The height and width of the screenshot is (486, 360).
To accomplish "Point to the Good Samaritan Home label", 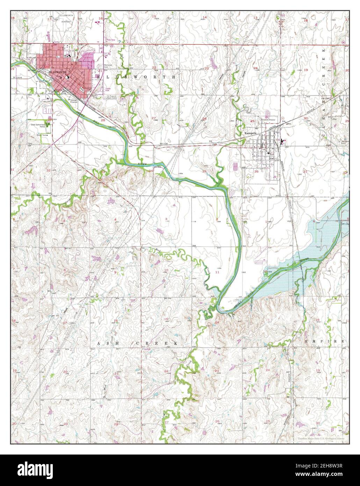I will (38, 126).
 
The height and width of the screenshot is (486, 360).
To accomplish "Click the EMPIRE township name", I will (325, 341).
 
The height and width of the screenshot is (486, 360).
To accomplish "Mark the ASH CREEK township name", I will (137, 344).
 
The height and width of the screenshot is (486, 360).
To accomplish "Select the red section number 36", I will (257, 171).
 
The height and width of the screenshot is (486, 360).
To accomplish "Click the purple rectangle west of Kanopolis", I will (235, 166).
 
